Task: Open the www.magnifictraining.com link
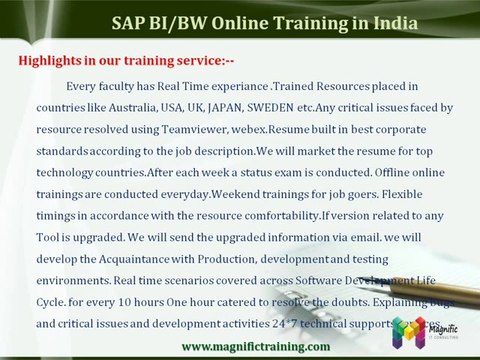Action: tap(255, 346)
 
